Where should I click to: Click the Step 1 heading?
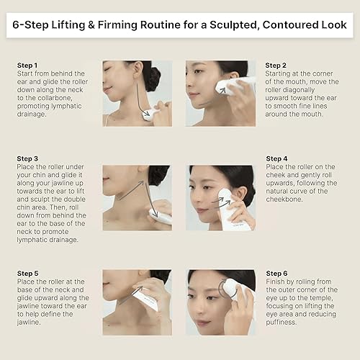30,65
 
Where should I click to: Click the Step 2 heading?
277,65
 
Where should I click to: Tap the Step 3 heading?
30,158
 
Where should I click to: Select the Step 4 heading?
278,158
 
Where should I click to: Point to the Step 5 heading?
30,274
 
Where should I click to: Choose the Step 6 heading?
278,274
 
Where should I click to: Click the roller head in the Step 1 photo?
150,114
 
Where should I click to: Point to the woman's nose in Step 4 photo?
207,197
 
